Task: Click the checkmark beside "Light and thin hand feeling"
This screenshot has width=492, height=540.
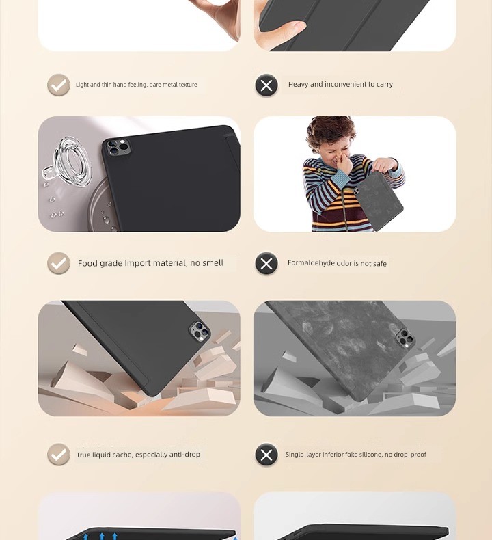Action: (59, 85)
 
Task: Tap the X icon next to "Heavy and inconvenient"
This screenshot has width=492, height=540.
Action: (266, 85)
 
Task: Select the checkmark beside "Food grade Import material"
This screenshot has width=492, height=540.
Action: (59, 263)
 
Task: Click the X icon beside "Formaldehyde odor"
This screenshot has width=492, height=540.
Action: (266, 263)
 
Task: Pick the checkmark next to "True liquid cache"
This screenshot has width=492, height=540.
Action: (59, 455)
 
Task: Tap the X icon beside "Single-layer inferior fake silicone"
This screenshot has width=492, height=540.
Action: (266, 455)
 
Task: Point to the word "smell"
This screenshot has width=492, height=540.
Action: (213, 263)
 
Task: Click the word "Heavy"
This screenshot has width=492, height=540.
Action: (298, 84)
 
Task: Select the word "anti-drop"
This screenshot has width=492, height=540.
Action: (184, 455)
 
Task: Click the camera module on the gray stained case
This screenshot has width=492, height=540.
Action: (405, 338)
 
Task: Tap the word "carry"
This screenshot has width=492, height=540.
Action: (385, 85)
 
